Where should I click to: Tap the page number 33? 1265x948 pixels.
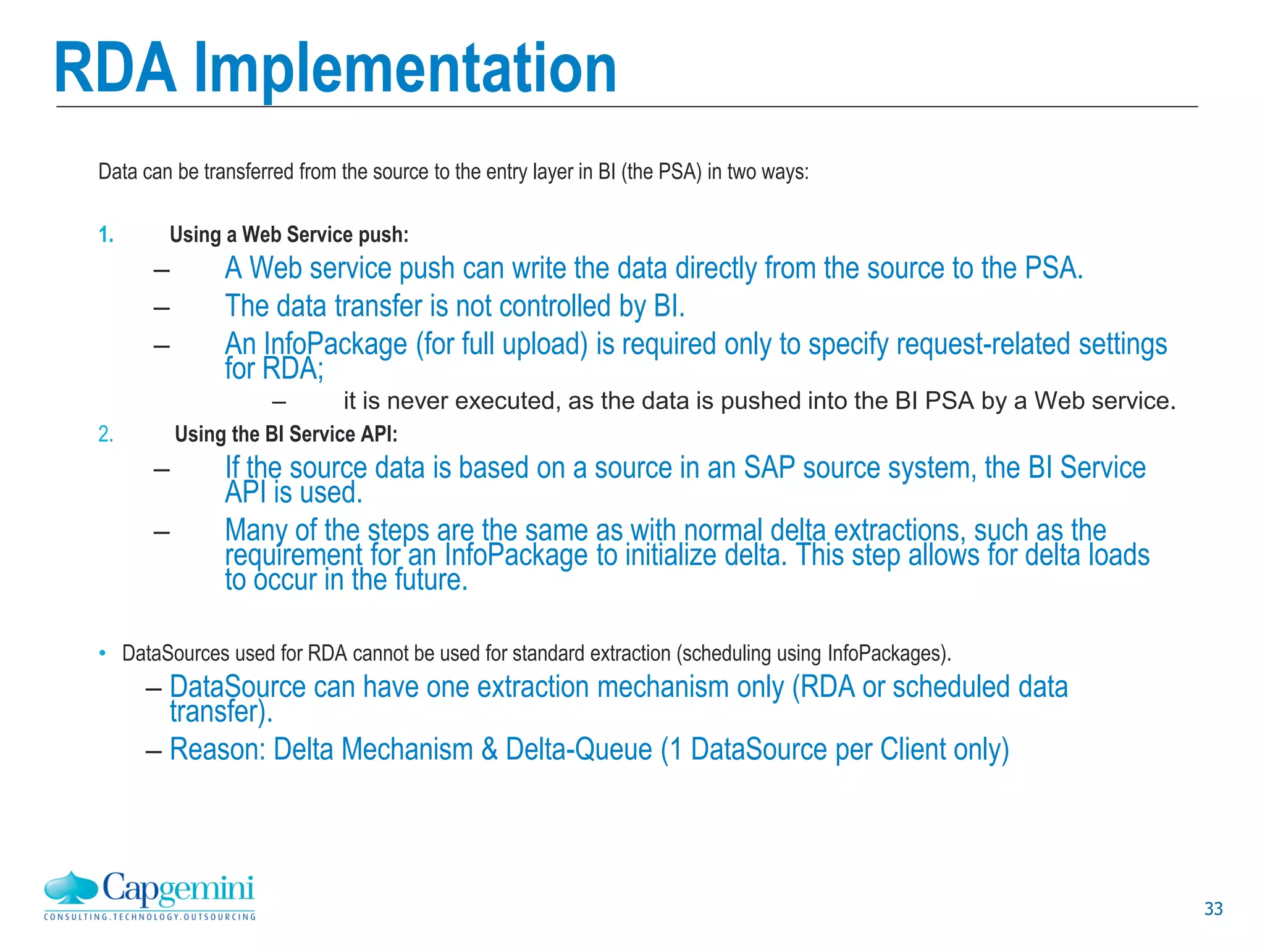[x=1213, y=908]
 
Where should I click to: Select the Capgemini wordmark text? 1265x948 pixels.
[x=178, y=889]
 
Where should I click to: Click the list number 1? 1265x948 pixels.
[x=106, y=235]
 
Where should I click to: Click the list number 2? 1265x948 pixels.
[x=106, y=434]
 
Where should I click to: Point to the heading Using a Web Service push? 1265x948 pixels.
[x=289, y=235]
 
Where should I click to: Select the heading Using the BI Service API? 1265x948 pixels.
[x=286, y=434]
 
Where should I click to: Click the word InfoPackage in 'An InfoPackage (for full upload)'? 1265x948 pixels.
[x=335, y=344]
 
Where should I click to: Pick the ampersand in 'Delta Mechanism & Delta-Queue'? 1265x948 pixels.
[x=489, y=749]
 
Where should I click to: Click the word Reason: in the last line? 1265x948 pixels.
[x=217, y=749]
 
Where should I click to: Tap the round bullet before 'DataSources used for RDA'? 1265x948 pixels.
[x=103, y=653]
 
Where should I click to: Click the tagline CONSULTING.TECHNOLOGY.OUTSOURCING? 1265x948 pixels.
[x=149, y=917]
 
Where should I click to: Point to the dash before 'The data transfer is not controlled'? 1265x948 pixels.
[x=162, y=307]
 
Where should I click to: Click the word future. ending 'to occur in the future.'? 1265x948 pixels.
[x=431, y=580]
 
